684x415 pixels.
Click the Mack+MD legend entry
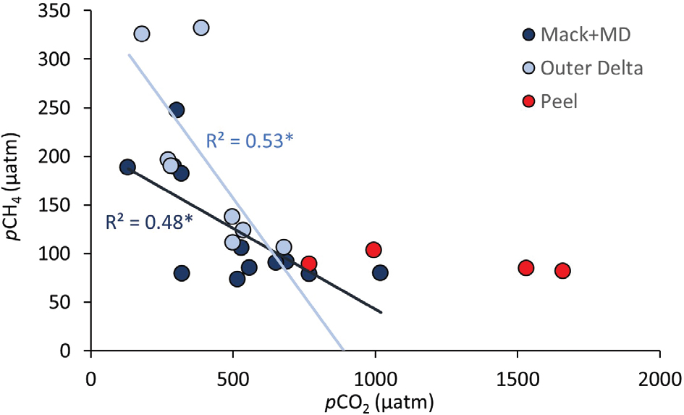(583, 34)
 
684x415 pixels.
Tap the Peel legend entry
(559, 101)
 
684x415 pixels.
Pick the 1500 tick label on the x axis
(518, 379)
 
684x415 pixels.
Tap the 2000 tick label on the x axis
(659, 379)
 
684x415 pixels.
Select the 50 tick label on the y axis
(69, 303)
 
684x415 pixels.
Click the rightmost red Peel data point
(562, 270)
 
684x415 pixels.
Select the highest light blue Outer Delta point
(201, 28)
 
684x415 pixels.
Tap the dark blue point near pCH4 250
(176, 110)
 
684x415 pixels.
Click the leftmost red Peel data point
(309, 264)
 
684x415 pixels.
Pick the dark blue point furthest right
(380, 272)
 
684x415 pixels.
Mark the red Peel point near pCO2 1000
(373, 250)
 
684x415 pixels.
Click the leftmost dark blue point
(127, 167)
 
